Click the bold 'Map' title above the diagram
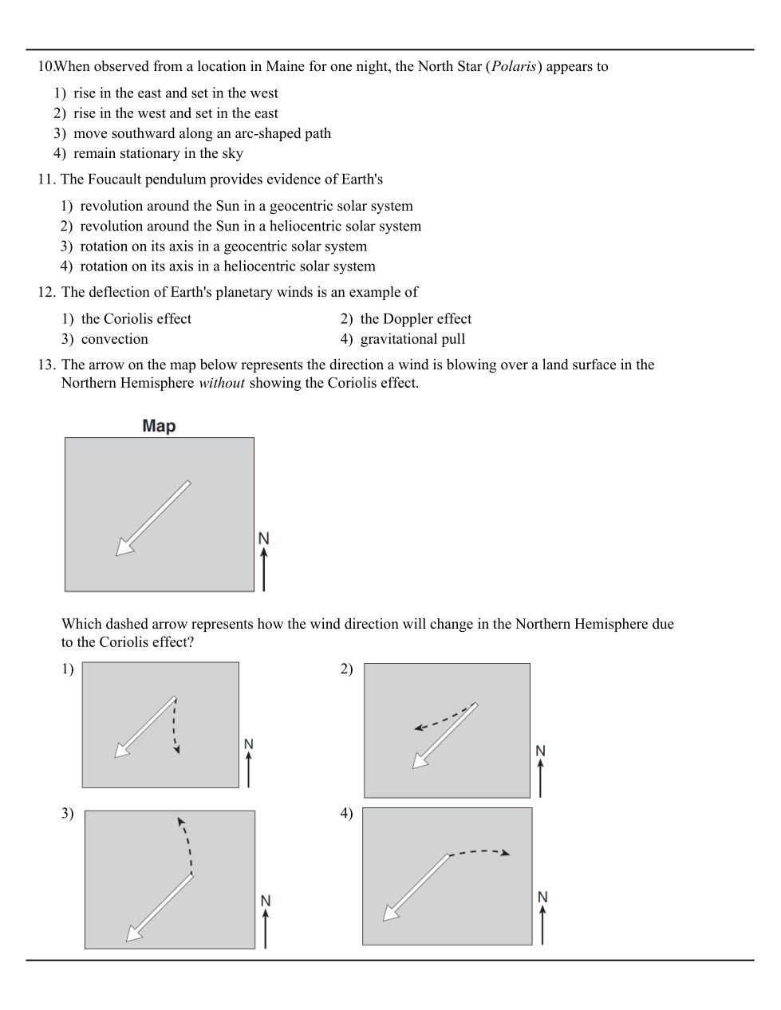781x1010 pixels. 159,426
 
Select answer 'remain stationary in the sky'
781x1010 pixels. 158,153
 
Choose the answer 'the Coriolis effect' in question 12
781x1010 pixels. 136,319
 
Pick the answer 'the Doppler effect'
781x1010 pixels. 415,319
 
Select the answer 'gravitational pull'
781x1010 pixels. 412,339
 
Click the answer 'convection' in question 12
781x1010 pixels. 114,339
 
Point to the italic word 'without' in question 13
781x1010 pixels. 221,383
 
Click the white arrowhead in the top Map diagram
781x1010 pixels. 124,546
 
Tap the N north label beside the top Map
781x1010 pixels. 264,539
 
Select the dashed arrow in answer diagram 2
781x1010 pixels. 444,719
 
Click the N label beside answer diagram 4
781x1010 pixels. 542,898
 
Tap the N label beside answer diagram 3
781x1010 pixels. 266,901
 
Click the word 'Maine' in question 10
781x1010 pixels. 285,67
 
